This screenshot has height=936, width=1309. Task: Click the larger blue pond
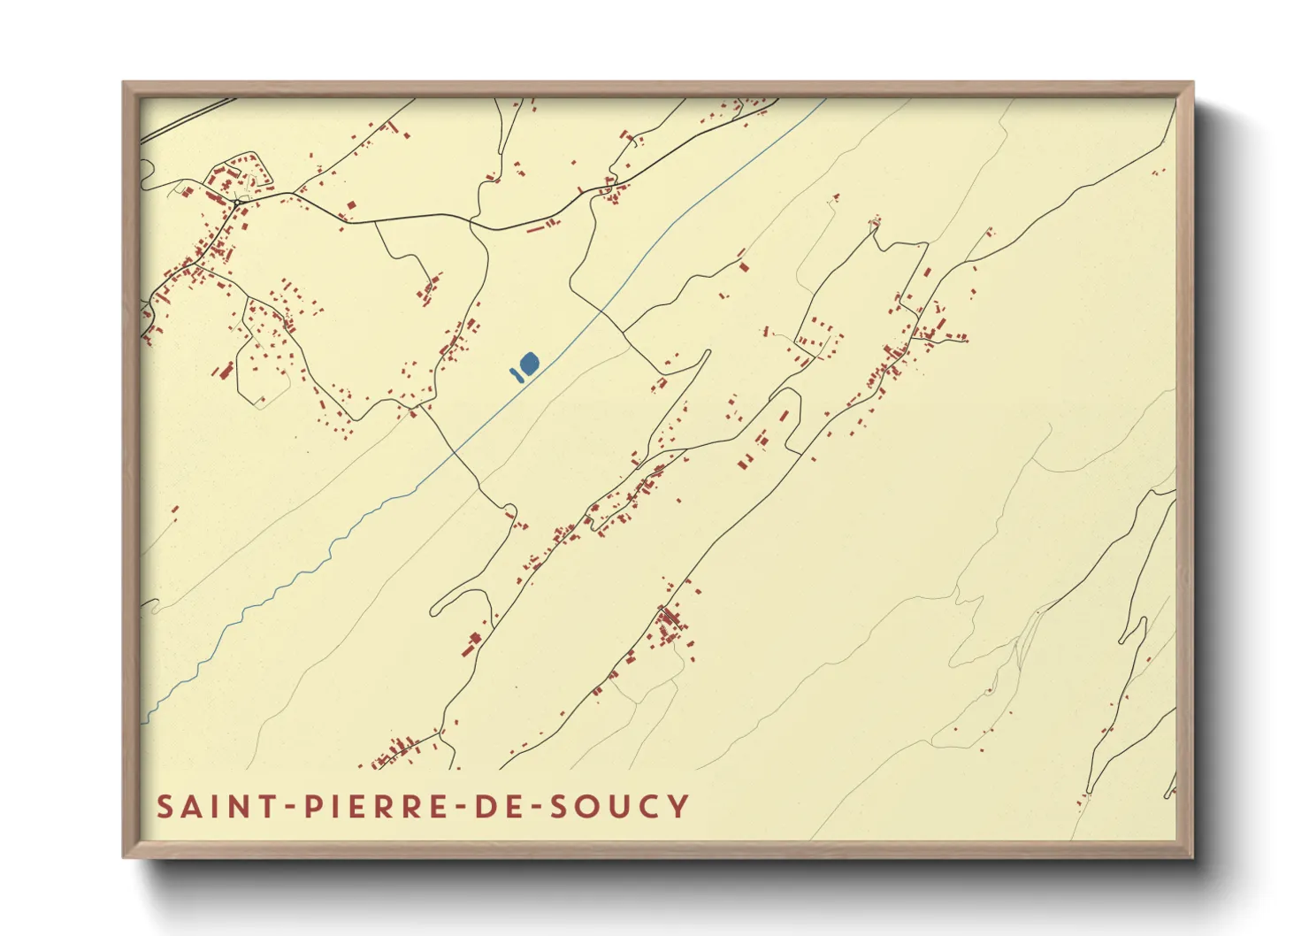(529, 363)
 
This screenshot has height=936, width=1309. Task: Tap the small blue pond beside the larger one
(514, 373)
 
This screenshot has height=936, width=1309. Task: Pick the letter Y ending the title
(678, 807)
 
